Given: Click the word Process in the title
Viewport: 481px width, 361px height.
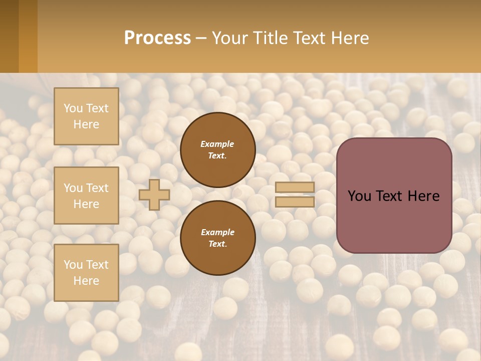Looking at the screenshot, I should click(x=157, y=38).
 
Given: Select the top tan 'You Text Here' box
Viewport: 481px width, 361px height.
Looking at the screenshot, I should click(x=86, y=116).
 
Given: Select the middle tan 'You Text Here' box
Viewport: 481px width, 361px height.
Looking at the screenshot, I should click(x=86, y=196).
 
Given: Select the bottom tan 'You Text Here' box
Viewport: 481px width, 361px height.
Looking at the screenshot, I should click(x=86, y=272).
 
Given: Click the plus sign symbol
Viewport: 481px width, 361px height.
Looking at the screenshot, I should click(x=154, y=195).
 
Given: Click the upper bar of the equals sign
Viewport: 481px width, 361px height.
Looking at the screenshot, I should click(x=295, y=188).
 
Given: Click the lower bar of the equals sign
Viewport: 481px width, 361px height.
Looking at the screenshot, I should click(x=295, y=202).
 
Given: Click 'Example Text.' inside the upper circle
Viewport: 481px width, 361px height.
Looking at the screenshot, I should click(x=217, y=149).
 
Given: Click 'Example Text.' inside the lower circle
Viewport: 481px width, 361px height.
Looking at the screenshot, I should click(x=217, y=238).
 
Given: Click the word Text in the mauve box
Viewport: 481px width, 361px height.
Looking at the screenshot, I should click(x=394, y=196).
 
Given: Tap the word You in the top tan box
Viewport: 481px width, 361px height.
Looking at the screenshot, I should click(x=73, y=108).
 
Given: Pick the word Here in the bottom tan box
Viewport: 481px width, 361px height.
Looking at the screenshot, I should click(x=86, y=281).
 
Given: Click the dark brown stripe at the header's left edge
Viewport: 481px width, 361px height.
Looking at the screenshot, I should click(x=9, y=36).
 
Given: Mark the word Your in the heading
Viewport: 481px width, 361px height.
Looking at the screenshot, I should click(x=230, y=38).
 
